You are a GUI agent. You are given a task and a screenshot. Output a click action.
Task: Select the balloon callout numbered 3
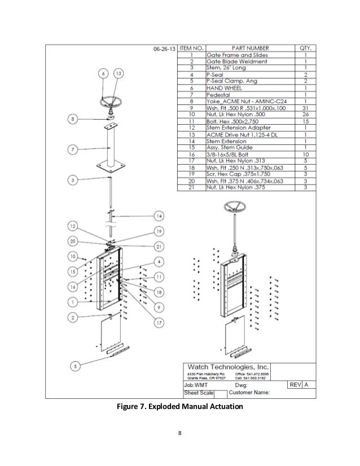[72, 181]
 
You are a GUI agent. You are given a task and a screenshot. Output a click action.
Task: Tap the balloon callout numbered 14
[159, 216]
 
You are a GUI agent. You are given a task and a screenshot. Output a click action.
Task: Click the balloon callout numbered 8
[72, 118]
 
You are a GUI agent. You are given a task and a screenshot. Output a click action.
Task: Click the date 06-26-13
[164, 49]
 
